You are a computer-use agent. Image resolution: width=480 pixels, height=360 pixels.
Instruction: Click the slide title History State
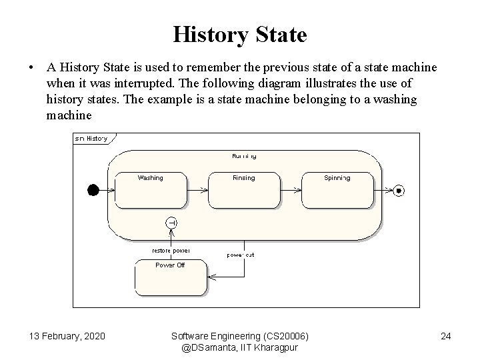(240, 34)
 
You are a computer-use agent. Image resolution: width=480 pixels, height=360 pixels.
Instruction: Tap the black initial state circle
(93, 191)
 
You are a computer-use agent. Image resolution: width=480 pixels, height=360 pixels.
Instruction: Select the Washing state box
(151, 191)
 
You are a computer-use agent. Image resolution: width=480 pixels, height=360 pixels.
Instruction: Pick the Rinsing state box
(243, 191)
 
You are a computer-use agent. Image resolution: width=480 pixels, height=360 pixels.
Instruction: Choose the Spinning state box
(337, 191)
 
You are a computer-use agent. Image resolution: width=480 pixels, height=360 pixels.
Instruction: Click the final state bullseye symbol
(399, 191)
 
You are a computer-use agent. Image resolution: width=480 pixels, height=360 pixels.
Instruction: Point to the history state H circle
(171, 223)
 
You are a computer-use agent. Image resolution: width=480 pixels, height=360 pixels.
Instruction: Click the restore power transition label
(171, 251)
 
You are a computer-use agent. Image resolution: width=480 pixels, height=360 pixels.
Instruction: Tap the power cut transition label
(241, 255)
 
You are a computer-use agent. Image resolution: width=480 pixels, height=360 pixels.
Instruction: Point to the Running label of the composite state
(244, 156)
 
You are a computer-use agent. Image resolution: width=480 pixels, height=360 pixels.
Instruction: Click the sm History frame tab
(92, 139)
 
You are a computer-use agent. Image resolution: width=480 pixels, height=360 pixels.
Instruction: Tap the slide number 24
(446, 335)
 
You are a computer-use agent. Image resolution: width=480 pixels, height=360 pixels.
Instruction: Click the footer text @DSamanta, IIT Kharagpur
(239, 347)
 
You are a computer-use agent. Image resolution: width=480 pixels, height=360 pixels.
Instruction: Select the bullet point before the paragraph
(31, 68)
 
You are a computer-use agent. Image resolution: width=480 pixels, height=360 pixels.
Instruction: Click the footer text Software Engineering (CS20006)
(240, 335)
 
